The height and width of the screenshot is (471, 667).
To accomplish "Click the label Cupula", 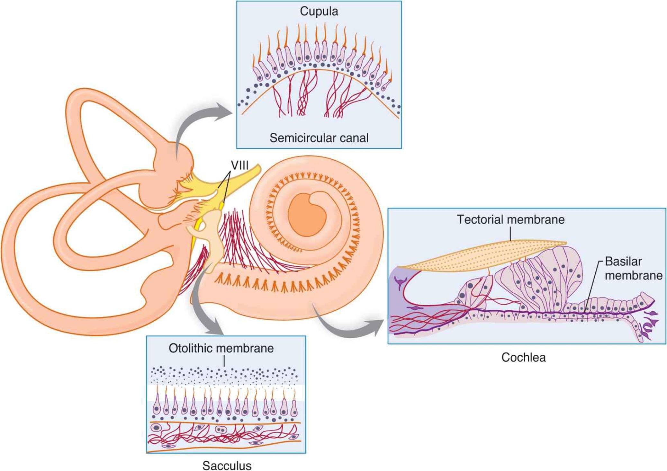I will click(319, 12).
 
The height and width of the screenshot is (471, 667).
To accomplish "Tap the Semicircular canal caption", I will click(319, 138).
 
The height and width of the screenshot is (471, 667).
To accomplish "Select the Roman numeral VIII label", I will click(239, 165).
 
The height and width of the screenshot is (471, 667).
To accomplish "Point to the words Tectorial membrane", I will click(510, 220).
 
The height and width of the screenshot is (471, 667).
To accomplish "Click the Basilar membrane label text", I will click(633, 269).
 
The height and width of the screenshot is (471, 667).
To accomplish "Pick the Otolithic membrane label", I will click(221, 348).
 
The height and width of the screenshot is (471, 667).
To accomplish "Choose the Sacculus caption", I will click(227, 465).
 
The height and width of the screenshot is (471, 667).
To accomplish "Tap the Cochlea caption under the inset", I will click(523, 358).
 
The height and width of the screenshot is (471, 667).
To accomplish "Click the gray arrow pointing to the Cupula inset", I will click(199, 122).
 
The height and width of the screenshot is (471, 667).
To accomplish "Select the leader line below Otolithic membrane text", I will click(224, 362).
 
